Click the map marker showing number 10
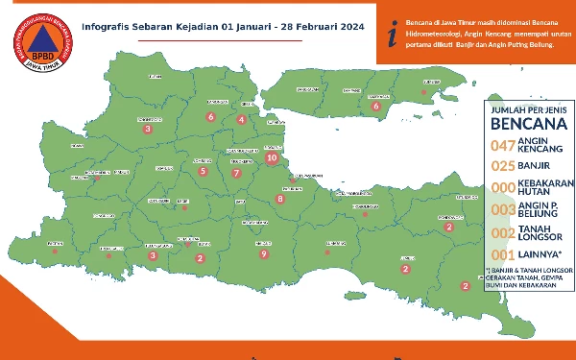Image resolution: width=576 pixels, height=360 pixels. coord(273,157)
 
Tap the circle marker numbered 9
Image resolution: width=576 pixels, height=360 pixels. coord(263,253)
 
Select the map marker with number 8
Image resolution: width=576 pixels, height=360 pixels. coord(280,199)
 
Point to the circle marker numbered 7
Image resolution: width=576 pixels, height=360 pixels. coord(236,174)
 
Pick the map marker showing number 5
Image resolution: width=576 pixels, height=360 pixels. coord(203,172)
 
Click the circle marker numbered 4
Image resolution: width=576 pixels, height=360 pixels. coord(242,120)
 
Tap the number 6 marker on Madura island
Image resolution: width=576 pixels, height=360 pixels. coord(376,107)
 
